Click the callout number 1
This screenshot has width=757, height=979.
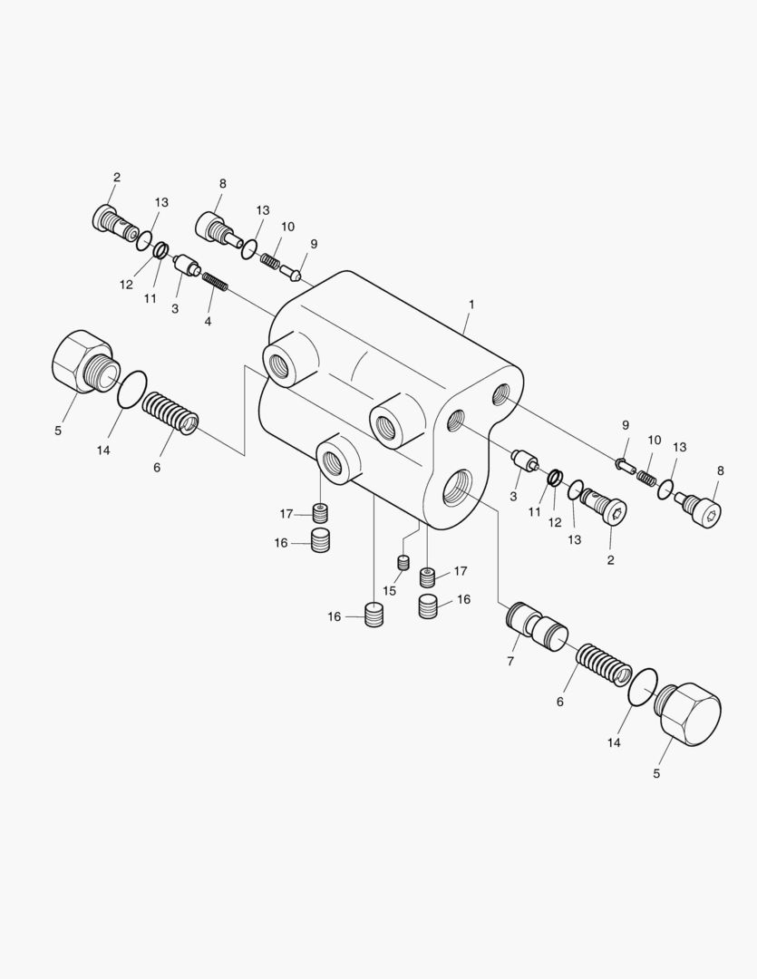(471, 305)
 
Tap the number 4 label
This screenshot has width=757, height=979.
(208, 322)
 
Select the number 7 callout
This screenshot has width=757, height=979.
(510, 661)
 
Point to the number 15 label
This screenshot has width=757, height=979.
(389, 591)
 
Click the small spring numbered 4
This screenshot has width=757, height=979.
(215, 282)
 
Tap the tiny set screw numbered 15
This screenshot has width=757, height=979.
(403, 562)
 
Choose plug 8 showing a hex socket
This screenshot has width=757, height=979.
(701, 508)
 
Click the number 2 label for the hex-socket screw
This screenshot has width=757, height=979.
(610, 560)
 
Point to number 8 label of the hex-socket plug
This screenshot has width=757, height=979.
(720, 470)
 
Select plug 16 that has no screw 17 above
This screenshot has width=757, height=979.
(374, 614)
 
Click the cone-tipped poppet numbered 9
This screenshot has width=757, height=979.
(292, 272)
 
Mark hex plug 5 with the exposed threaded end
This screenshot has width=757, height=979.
(85, 362)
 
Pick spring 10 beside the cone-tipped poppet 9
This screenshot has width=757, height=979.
(271, 258)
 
